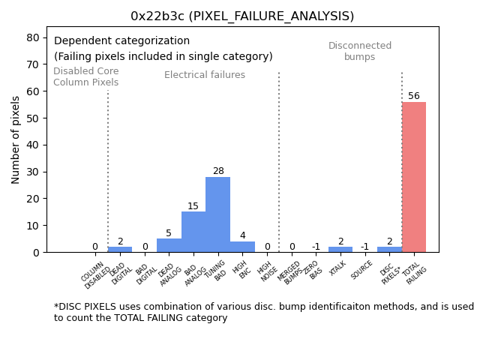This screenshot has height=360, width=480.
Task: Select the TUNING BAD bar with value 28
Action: (217, 214)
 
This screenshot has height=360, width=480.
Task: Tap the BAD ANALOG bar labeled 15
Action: (193, 232)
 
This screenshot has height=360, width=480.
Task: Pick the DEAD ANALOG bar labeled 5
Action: (169, 245)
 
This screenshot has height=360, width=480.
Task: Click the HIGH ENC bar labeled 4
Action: (242, 247)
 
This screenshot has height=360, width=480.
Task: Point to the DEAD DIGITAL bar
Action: (120, 249)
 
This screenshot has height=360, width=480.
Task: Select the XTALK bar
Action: (340, 249)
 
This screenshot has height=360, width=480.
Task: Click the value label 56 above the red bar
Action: (414, 96)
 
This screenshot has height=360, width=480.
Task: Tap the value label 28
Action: (218, 171)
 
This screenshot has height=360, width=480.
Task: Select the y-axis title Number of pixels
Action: (16, 139)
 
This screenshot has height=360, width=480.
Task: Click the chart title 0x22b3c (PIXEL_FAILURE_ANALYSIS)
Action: (242, 16)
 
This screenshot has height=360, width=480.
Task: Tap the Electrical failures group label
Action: (205, 75)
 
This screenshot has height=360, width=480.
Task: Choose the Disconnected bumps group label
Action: (360, 51)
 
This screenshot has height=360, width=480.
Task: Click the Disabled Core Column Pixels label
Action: (85, 76)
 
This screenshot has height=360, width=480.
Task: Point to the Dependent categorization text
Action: (121, 41)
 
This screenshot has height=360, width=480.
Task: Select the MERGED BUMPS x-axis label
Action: (289, 271)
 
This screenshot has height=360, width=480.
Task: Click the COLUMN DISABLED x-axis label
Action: (95, 274)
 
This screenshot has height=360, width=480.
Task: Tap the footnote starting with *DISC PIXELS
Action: (263, 312)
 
